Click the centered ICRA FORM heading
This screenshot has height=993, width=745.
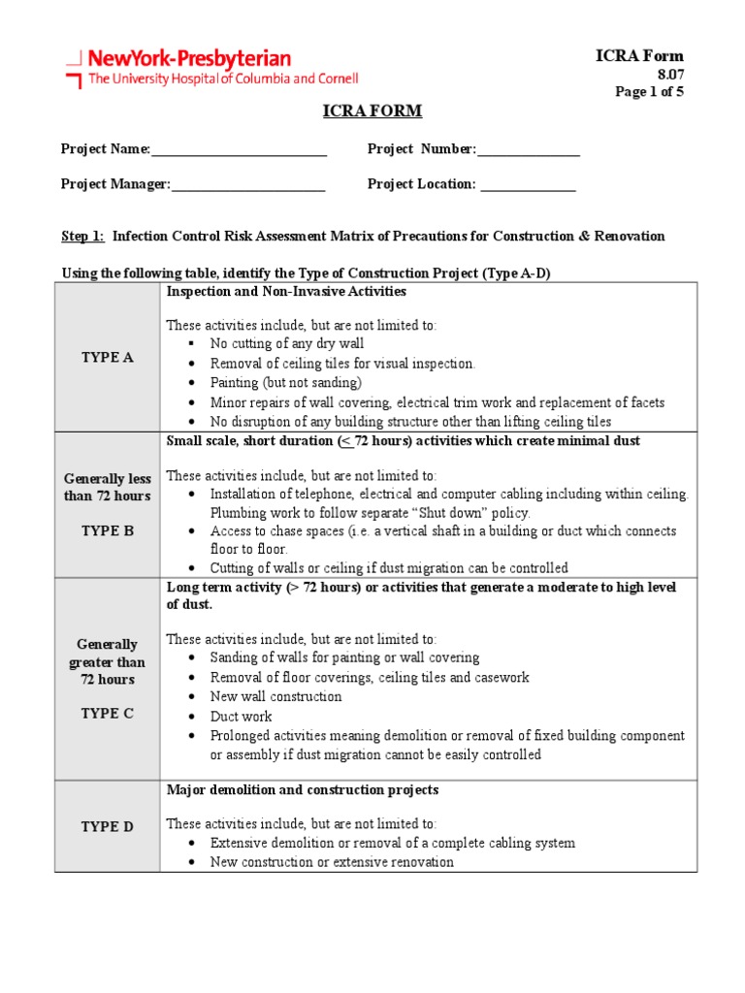(372, 111)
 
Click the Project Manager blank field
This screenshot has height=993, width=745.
(247, 185)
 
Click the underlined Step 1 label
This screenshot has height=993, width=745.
(82, 236)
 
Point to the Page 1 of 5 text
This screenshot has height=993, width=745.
(650, 92)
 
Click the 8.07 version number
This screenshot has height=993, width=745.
(670, 75)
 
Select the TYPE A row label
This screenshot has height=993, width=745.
(107, 357)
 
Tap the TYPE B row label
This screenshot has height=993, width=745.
(107, 530)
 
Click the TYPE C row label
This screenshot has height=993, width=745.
(107, 713)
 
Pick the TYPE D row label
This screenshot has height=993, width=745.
(107, 826)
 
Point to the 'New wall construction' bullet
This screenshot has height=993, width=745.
(275, 696)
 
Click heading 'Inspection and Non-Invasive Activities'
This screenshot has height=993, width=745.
(286, 291)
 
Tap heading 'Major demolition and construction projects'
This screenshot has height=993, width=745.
(302, 790)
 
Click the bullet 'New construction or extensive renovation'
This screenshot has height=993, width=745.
(331, 862)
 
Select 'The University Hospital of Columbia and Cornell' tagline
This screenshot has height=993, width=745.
(223, 79)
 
